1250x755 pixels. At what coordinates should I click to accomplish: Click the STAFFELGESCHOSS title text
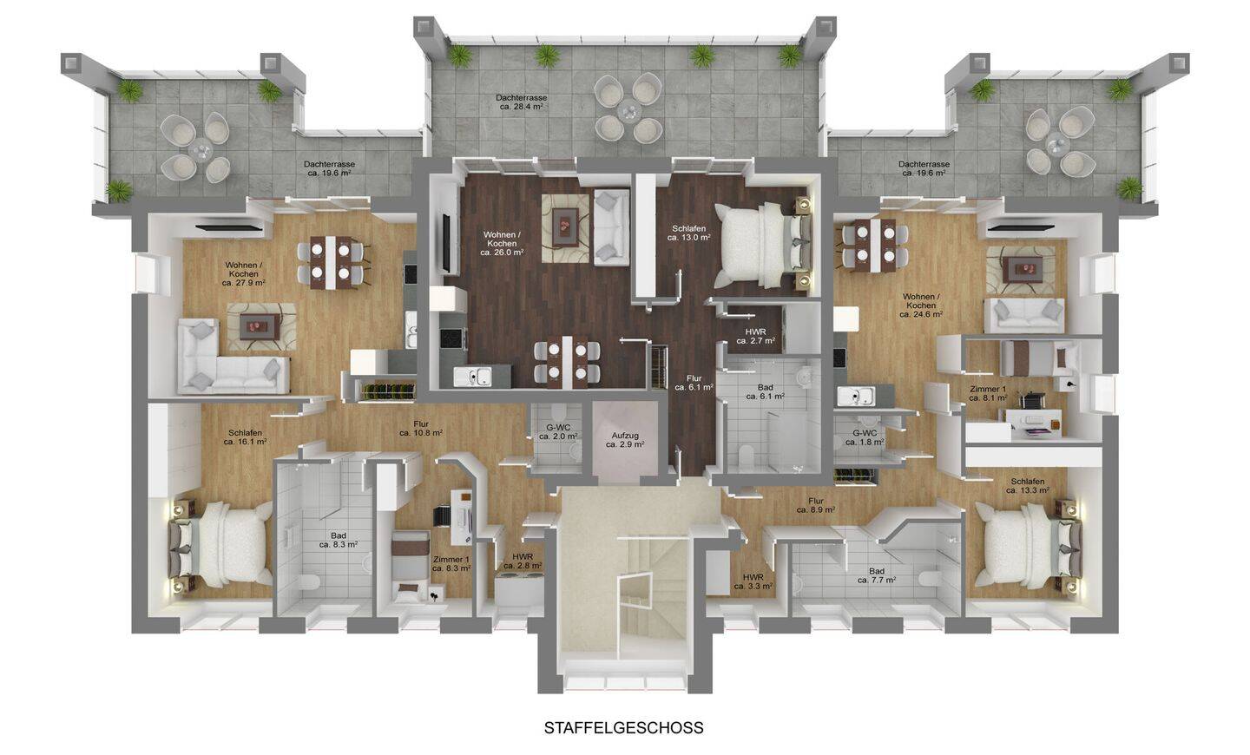624,728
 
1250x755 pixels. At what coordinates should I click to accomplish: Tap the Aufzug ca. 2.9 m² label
625,440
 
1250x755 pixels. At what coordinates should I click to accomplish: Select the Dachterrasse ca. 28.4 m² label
521,102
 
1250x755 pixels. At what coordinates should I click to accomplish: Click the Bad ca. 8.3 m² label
339,540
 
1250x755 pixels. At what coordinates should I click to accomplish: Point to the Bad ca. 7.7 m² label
877,575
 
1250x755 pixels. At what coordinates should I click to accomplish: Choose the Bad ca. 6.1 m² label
765,391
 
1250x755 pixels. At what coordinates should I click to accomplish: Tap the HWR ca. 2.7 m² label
755,336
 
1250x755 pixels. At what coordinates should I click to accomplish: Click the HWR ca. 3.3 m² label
753,582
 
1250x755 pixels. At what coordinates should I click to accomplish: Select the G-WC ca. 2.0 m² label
558,431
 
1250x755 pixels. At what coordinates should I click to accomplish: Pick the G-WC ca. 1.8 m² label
865,437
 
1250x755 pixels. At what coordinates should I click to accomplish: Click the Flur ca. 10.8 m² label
421,428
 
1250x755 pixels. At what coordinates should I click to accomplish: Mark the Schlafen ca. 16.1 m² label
245,437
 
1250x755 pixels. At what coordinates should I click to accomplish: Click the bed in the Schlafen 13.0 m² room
762,245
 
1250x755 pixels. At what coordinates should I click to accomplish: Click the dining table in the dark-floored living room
567,362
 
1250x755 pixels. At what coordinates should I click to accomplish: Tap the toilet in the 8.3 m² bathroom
309,583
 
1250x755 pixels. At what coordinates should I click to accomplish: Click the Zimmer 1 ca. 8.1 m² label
988,393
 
